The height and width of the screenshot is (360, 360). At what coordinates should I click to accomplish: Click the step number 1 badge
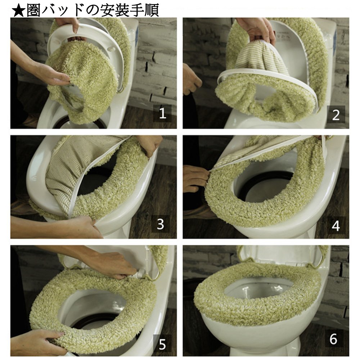(163, 113)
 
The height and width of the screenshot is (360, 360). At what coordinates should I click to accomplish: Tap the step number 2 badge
(336, 114)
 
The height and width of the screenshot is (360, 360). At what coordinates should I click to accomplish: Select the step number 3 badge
(160, 224)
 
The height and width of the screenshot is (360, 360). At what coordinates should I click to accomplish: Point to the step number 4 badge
(336, 225)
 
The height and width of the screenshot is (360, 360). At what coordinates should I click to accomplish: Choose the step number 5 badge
(162, 343)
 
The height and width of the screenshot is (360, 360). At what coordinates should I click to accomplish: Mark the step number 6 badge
(333, 339)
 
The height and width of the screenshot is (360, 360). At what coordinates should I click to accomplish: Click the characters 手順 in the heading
(144, 10)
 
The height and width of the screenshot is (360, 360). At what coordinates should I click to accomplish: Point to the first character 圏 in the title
(33, 10)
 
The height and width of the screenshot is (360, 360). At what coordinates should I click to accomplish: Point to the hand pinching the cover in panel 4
(196, 178)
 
